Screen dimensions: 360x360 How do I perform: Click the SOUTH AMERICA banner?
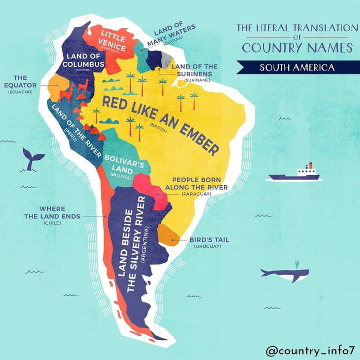297,67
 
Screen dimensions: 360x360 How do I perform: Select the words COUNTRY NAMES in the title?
297,48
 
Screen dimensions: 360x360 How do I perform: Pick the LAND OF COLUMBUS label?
83,60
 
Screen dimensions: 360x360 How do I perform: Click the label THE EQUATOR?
21,82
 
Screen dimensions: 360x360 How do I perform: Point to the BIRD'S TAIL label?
209,240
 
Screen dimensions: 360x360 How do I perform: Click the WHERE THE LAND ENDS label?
52,212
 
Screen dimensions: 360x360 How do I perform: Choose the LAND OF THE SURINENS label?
194,69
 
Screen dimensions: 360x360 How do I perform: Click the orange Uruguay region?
168,235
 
